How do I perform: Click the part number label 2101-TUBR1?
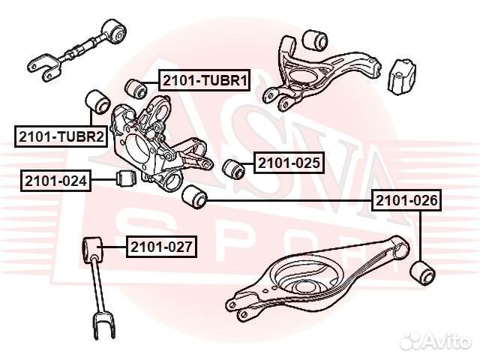click(204, 80)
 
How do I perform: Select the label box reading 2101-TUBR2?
click(61, 136)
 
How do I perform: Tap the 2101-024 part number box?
click(55, 181)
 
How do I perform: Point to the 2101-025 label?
click(289, 163)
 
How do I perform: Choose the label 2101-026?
click(406, 200)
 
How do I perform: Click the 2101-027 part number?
click(161, 247)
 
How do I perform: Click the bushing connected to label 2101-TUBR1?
click(136, 88)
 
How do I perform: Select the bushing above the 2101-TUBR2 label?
click(97, 102)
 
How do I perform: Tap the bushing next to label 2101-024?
click(127, 178)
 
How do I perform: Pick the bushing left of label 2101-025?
click(233, 168)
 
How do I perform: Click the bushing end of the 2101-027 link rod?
click(93, 247)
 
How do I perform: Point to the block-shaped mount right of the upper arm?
click(402, 76)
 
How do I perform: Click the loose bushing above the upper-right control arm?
click(315, 40)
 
